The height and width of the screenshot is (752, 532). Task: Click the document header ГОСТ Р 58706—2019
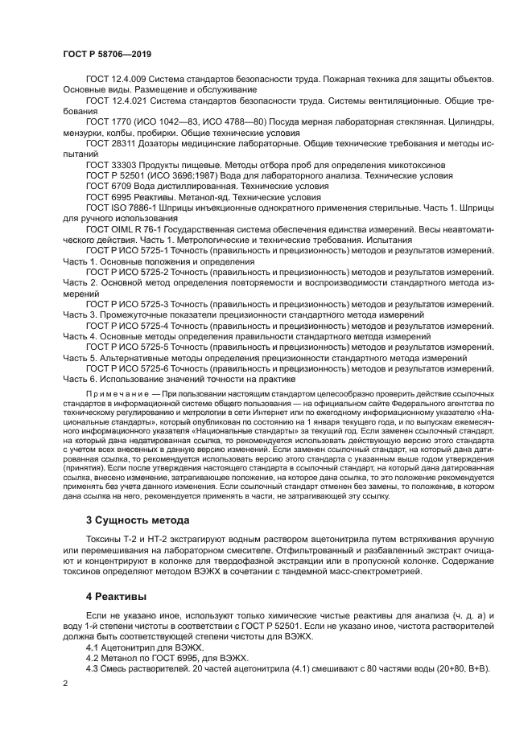point(107,53)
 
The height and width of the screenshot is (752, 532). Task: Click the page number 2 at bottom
point(66,682)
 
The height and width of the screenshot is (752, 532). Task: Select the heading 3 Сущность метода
point(137,520)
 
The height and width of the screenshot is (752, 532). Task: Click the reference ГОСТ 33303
point(109,164)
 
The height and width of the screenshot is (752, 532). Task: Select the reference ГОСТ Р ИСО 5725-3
point(127,304)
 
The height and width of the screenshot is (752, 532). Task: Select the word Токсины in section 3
point(106,538)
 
